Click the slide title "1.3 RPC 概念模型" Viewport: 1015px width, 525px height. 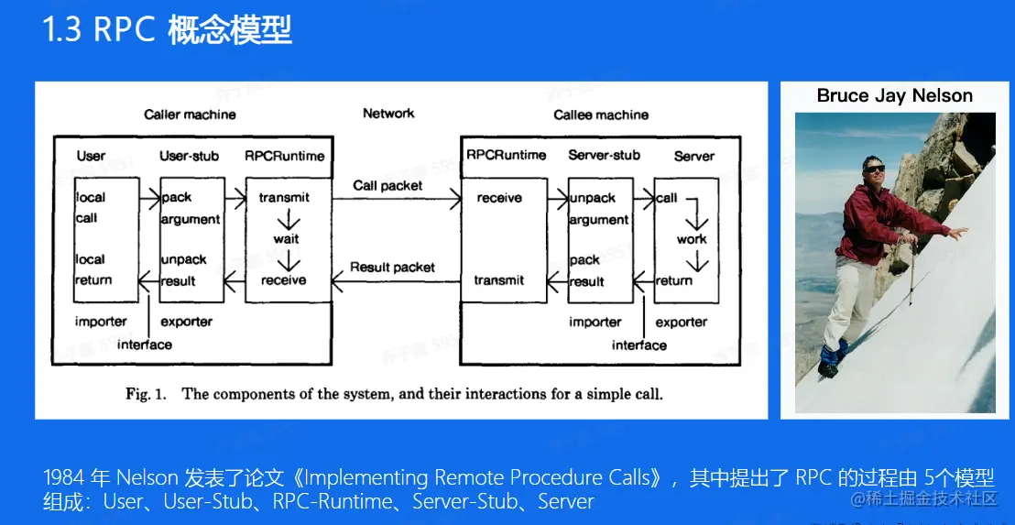(167, 30)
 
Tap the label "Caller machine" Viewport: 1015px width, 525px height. (190, 115)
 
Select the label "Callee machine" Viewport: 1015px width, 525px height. (601, 115)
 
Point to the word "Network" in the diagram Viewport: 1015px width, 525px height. (388, 114)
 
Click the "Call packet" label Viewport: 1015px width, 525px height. (388, 185)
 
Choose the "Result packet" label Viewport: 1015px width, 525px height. (392, 268)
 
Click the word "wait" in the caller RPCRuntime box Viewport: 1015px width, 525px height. (286, 239)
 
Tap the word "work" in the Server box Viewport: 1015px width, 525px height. (692, 239)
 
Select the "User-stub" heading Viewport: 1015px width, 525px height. (189, 156)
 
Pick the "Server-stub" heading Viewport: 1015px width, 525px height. (604, 156)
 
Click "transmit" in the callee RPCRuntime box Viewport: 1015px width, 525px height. (499, 280)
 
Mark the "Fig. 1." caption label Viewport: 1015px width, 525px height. (147, 394)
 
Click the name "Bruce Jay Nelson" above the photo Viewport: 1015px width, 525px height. (894, 96)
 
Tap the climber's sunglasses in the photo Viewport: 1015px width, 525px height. (874, 169)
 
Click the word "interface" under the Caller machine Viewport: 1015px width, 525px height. (145, 345)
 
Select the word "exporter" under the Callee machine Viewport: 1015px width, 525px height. (681, 322)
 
